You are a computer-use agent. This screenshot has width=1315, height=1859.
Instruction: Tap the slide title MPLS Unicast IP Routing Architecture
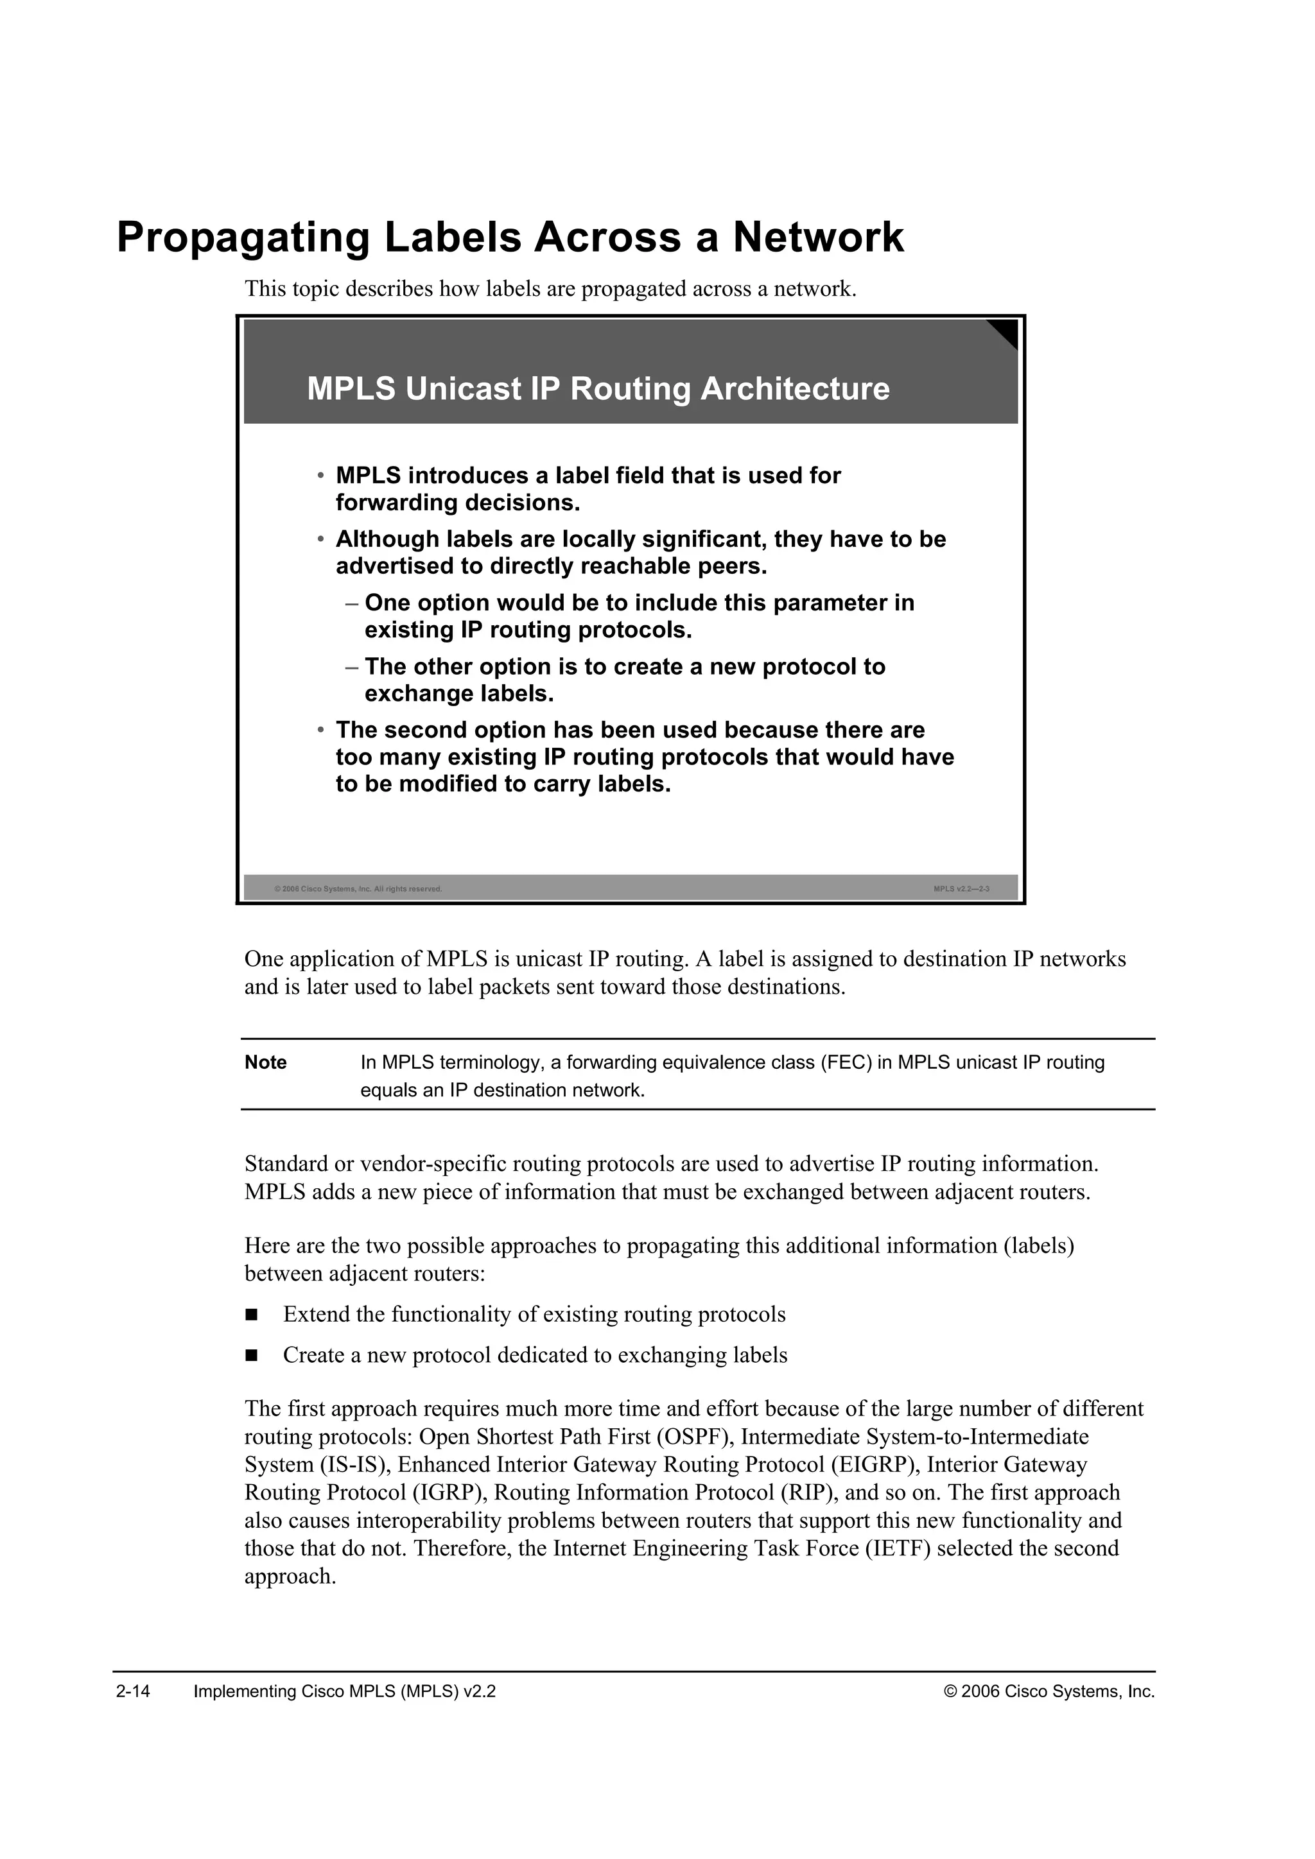(598, 388)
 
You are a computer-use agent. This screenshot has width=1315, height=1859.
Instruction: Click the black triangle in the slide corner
(1006, 331)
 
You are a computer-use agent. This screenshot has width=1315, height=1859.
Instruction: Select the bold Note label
(266, 1062)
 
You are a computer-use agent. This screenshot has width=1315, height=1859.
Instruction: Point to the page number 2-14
(134, 1691)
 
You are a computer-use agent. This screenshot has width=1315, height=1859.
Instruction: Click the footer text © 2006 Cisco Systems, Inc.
(1049, 1691)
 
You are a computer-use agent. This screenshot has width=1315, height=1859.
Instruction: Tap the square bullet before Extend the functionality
(251, 1315)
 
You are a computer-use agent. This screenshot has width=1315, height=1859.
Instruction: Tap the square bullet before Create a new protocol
(251, 1355)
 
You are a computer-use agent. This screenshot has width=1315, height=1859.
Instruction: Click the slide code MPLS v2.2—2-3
(961, 889)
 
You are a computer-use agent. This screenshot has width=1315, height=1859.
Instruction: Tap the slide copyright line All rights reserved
(359, 889)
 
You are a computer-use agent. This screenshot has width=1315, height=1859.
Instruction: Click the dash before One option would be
(351, 603)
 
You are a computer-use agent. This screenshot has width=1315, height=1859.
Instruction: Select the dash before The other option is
(351, 667)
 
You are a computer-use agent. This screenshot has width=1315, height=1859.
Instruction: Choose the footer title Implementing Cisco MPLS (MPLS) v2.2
(345, 1691)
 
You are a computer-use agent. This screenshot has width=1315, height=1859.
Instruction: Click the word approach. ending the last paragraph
(290, 1577)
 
